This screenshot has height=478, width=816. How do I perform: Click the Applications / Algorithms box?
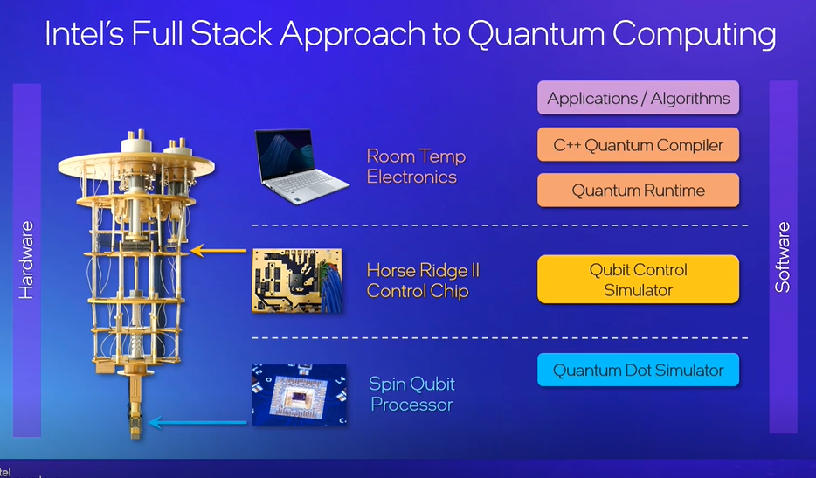638,98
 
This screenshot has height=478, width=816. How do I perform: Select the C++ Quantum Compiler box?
638,145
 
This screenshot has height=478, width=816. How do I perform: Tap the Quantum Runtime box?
638,191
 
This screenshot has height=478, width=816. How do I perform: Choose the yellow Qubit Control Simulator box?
638,280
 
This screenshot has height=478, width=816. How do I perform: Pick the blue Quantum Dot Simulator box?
638,371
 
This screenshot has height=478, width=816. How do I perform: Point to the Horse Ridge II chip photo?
297,280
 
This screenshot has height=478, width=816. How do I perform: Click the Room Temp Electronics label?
416,167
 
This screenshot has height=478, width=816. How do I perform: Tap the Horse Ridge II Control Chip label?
423,281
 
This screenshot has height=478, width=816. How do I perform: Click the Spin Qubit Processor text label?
412,394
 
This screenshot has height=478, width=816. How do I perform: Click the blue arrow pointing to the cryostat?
198,423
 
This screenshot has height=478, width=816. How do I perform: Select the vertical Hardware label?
27,260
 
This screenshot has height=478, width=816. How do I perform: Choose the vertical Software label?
783,257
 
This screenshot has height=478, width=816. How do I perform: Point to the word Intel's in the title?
88,35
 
